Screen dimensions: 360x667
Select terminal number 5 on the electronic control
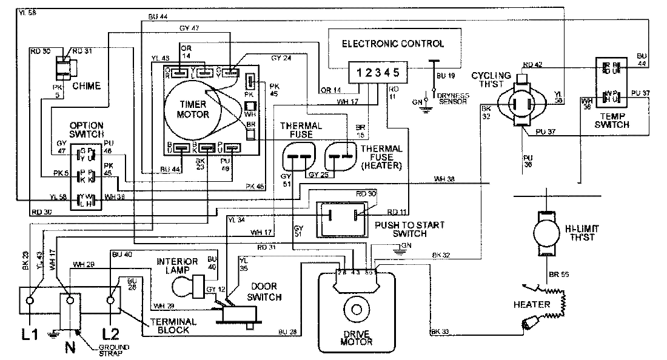click(397, 73)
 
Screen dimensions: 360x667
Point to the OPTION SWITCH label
click(87, 129)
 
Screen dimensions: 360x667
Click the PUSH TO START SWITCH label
click(401, 229)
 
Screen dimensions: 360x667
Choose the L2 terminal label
click(111, 334)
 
